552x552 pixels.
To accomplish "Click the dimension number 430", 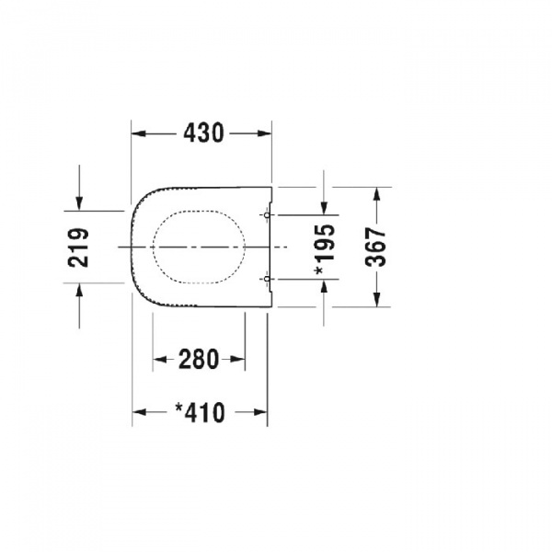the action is click(203, 133).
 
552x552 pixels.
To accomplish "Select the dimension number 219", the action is click(78, 247).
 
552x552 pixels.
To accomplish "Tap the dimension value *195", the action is click(325, 249).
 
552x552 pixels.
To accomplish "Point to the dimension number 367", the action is click(376, 247).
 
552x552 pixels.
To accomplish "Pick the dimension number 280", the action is click(199, 359).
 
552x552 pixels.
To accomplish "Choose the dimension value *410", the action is click(200, 412).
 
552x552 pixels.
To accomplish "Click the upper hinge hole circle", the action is click(267, 214).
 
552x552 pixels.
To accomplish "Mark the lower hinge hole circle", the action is click(267, 279).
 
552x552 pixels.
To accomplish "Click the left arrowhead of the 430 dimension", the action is click(138, 133).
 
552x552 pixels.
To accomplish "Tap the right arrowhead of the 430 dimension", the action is click(264, 133).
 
